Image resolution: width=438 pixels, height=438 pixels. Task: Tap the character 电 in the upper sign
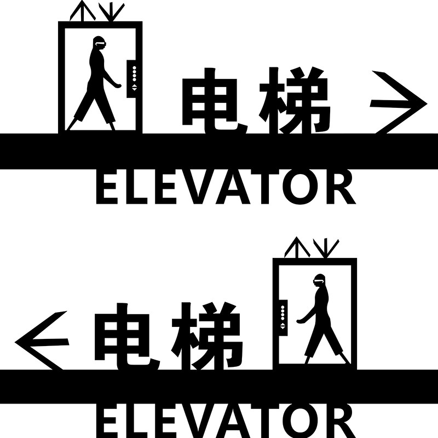pos(215,101)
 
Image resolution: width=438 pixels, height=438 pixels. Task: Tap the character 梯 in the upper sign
pos(295,101)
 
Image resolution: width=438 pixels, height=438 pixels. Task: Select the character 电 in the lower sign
pos(127,337)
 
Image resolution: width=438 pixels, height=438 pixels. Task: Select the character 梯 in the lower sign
pos(207,336)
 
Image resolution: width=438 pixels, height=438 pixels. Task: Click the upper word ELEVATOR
pos(226,188)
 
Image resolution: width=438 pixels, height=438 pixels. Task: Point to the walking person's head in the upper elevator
pos(99,43)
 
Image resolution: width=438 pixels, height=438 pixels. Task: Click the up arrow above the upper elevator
pos(83,10)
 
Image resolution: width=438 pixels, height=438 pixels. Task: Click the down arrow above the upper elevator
pos(111,11)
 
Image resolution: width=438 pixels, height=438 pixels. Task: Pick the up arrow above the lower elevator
pos(297,247)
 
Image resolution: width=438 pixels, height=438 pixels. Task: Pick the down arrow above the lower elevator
pos(326,248)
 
